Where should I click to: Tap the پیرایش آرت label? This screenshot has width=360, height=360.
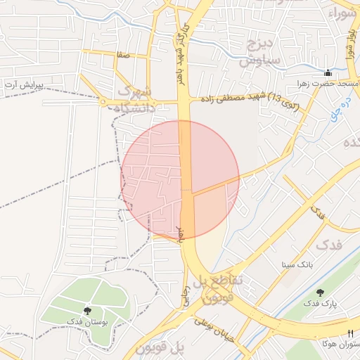pyautogui.click(x=24, y=84)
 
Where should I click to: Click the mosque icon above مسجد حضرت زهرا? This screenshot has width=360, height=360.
pyautogui.click(x=328, y=72)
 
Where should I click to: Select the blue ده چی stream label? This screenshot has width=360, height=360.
pyautogui.click(x=345, y=105)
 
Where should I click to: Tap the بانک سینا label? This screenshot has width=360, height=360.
pyautogui.click(x=295, y=265)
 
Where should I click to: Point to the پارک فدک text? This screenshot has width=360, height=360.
pyautogui.click(x=321, y=304)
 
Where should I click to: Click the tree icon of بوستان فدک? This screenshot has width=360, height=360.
pyautogui.click(x=87, y=310)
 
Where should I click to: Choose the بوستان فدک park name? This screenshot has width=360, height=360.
pyautogui.click(x=88, y=321)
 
